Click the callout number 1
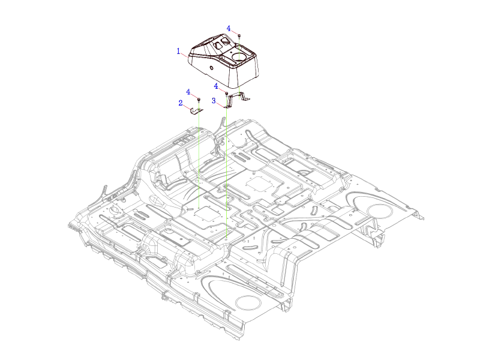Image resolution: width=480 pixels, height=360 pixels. click(178, 51)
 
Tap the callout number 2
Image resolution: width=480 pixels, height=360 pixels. click(181, 103)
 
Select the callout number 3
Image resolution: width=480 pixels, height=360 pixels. click(214, 101)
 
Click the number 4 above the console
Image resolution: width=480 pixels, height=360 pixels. click(229, 28)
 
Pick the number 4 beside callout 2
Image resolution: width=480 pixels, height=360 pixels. click(188, 92)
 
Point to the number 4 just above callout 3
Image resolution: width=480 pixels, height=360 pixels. click(216, 86)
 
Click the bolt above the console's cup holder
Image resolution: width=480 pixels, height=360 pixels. click(239, 36)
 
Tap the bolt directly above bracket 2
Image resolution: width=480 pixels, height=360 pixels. click(199, 100)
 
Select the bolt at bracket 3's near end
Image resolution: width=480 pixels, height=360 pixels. click(227, 94)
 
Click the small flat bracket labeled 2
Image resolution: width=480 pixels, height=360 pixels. click(196, 112)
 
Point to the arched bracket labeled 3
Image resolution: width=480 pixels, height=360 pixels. click(236, 100)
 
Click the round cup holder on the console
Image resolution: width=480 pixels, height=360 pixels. click(239, 56)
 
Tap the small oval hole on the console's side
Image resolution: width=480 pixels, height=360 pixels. click(211, 68)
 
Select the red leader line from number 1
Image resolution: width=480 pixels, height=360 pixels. click(185, 55)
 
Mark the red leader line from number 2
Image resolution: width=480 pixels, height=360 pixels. click(187, 107)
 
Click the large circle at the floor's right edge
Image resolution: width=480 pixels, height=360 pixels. click(380, 211)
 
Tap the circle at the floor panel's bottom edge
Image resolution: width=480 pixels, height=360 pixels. click(248, 303)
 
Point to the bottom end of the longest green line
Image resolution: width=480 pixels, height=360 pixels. click(227, 237)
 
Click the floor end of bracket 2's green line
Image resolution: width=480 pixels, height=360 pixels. click(199, 208)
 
